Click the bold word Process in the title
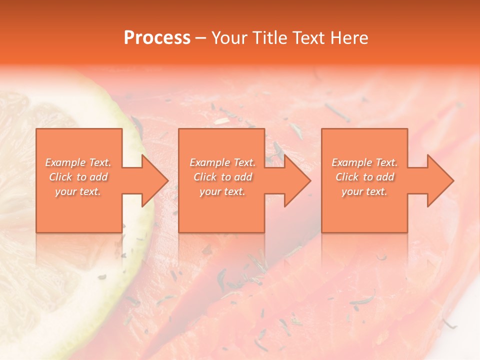[x=157, y=37]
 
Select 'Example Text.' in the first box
[x=78, y=162]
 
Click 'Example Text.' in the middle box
[x=222, y=162]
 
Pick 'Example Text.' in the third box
[x=364, y=162]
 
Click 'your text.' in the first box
[x=78, y=191]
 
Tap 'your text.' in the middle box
[x=222, y=191]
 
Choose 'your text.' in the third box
[x=364, y=191]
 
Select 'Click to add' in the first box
[x=78, y=177]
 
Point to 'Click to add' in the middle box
[x=222, y=177]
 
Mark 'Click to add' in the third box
[x=364, y=177]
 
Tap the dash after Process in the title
[x=201, y=38]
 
